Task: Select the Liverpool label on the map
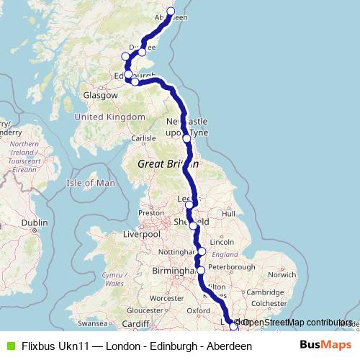click(141, 235)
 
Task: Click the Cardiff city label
click(135, 323)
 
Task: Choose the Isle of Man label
click(91, 183)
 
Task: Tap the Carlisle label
click(143, 138)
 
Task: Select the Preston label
click(152, 213)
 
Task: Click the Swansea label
click(92, 324)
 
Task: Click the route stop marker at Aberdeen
click(171, 11)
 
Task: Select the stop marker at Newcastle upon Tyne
click(186, 138)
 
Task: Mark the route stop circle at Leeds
click(189, 205)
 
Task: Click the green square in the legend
click(9, 346)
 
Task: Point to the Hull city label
click(228, 214)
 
